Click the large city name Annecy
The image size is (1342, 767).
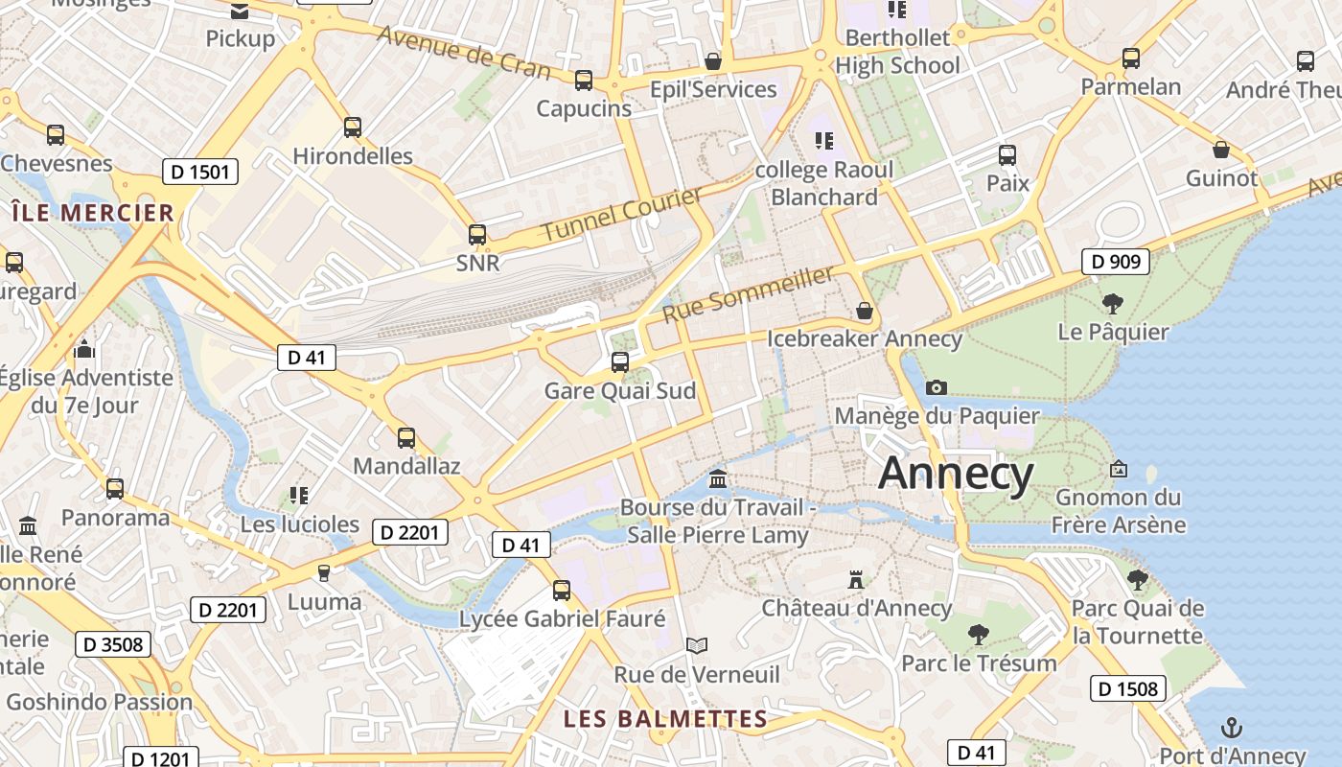(x=956, y=473)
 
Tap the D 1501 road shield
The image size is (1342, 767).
(x=199, y=173)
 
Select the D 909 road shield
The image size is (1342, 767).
(x=1115, y=261)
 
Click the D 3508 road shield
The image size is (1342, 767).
(x=113, y=644)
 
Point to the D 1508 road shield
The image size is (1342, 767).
(x=1127, y=688)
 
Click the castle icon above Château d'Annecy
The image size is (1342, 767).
(x=856, y=580)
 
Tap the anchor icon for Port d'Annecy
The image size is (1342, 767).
(x=1232, y=728)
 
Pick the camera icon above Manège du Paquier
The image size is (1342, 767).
(x=937, y=387)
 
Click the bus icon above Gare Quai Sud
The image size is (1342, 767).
(x=620, y=362)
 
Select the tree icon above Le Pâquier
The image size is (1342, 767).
(x=1112, y=304)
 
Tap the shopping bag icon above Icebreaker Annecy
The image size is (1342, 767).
(x=864, y=311)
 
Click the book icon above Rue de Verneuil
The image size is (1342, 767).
(x=697, y=646)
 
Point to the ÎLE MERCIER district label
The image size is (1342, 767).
(x=92, y=213)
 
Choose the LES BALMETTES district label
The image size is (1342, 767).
(x=665, y=719)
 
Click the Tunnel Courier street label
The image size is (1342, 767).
(x=621, y=215)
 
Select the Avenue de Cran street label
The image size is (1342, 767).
(x=464, y=51)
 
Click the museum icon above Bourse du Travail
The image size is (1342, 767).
(x=717, y=478)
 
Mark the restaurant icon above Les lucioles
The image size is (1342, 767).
(x=299, y=496)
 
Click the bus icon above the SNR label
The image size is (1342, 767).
(x=476, y=234)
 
